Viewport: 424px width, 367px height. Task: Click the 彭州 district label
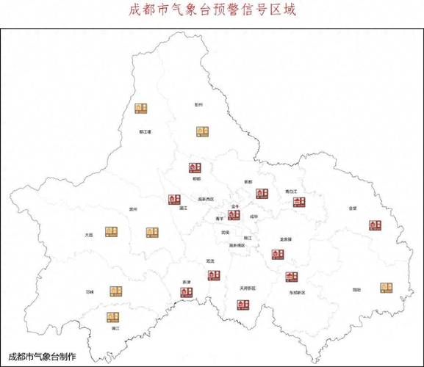pyautogui.click(x=198, y=104)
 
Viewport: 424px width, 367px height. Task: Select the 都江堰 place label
pyautogui.click(x=145, y=132)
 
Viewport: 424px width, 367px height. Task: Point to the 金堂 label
pyautogui.click(x=353, y=208)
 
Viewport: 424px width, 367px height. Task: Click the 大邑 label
pyautogui.click(x=88, y=235)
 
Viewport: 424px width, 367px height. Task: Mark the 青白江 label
pyautogui.click(x=292, y=191)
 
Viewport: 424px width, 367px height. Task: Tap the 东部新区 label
pyautogui.click(x=297, y=291)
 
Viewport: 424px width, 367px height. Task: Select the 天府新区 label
pyautogui.click(x=247, y=288)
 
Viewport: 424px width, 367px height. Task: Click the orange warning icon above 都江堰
pyautogui.click(x=141, y=108)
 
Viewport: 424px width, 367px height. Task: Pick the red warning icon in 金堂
pyautogui.click(x=374, y=225)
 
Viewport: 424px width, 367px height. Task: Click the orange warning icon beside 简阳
pyautogui.click(x=387, y=288)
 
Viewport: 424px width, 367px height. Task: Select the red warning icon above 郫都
pyautogui.click(x=195, y=167)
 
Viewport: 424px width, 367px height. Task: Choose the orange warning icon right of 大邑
pyautogui.click(x=111, y=232)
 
